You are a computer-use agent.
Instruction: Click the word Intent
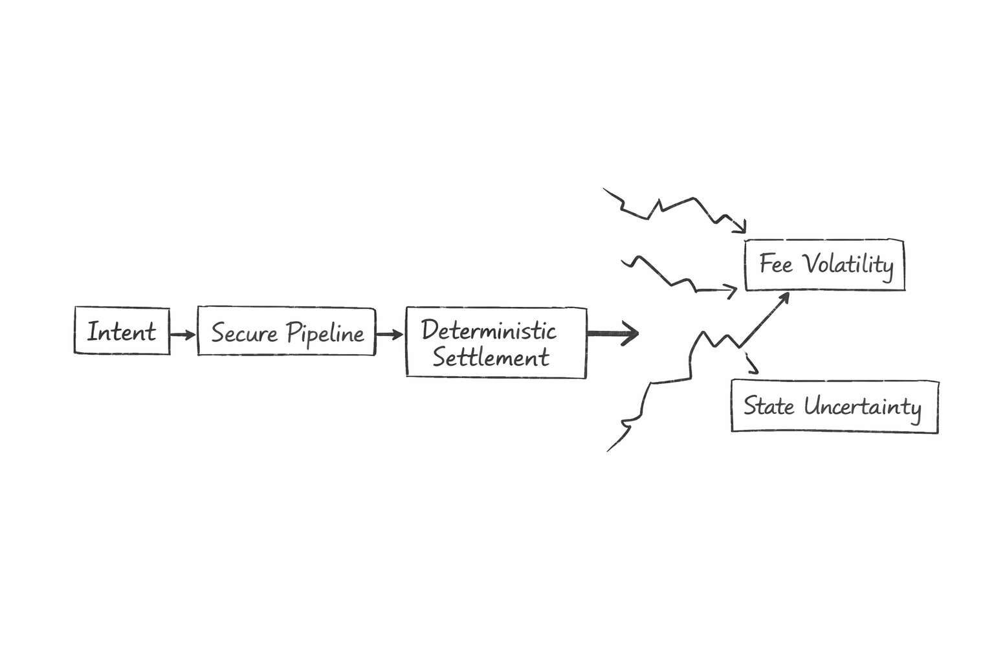point(122,331)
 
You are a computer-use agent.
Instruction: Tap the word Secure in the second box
point(244,333)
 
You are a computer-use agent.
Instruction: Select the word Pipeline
point(326,333)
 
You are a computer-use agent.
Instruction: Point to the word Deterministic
point(489,330)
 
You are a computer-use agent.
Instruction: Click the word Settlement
point(491,357)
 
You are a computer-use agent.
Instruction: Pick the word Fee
point(775,264)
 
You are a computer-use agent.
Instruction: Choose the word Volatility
point(848,264)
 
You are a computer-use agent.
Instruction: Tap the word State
point(768,406)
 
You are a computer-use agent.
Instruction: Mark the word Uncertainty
point(862,407)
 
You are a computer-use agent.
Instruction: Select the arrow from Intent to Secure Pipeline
point(183,334)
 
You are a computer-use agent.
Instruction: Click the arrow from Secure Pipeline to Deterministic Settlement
point(390,334)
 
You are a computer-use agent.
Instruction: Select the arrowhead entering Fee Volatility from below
point(784,298)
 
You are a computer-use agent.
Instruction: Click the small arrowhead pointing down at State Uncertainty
point(753,370)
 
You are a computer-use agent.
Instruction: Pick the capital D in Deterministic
point(430,330)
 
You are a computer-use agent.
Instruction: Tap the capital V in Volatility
point(811,263)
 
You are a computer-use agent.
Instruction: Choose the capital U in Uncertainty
point(813,407)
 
